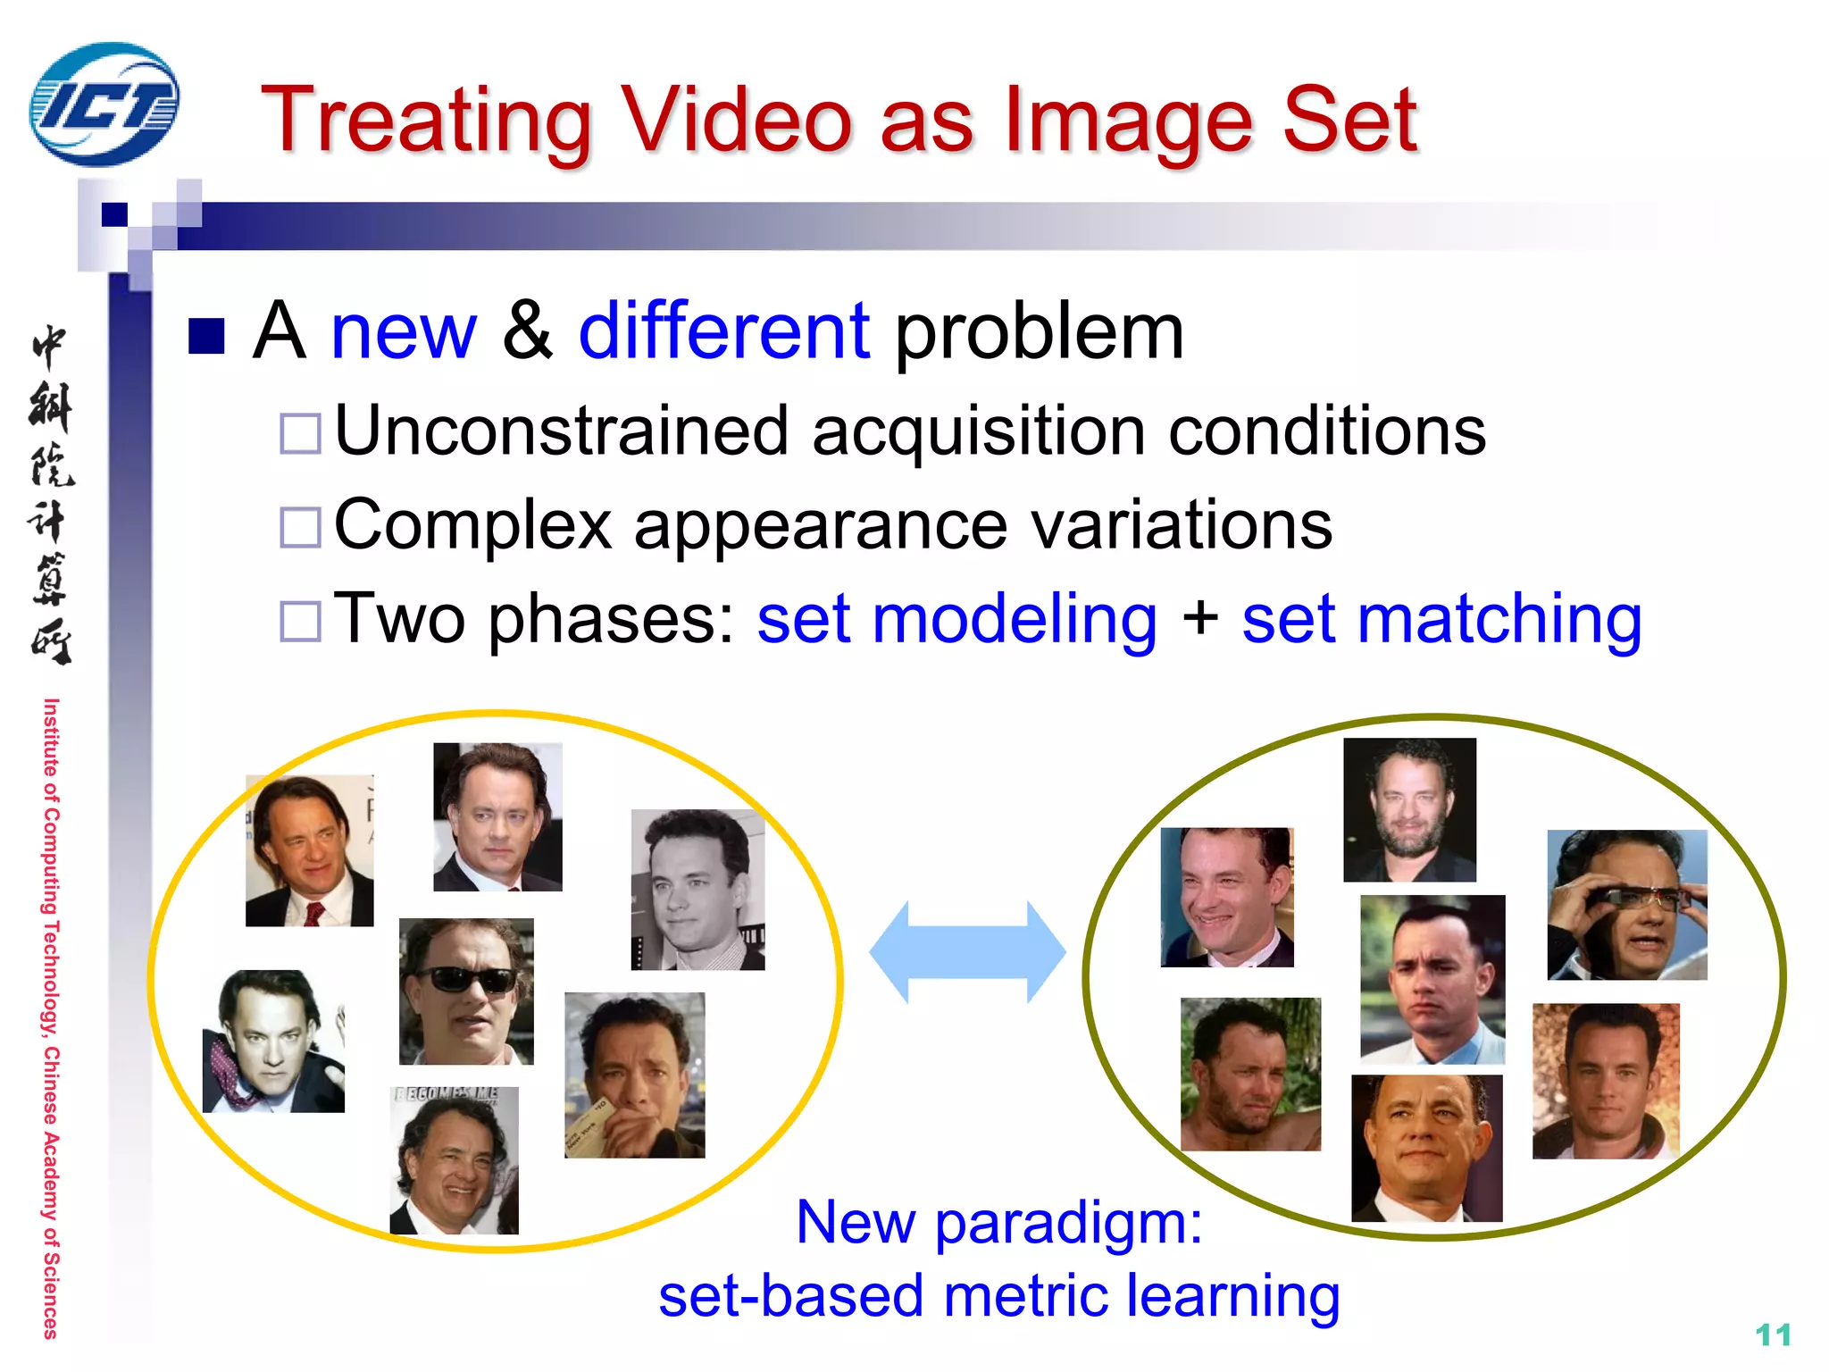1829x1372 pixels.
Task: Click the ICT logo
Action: click(x=104, y=105)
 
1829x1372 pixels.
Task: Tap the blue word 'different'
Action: click(x=723, y=331)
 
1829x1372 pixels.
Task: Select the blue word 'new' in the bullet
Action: click(x=404, y=331)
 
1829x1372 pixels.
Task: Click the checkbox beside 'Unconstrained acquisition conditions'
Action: click(x=300, y=433)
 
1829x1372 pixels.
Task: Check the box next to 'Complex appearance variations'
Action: click(x=300, y=527)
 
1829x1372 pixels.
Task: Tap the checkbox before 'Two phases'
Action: click(x=300, y=621)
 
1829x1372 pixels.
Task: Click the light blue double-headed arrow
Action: click(x=967, y=952)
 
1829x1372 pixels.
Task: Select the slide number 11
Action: click(x=1773, y=1335)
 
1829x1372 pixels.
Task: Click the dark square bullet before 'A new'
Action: click(x=206, y=336)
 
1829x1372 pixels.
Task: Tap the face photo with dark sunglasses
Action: click(x=466, y=991)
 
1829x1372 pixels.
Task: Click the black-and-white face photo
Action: click(x=697, y=890)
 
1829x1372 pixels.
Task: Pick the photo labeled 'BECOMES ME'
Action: click(x=454, y=1160)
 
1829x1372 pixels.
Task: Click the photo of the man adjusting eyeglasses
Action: click(x=1626, y=905)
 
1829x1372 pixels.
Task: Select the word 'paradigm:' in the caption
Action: click(x=1069, y=1222)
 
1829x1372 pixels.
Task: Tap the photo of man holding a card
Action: click(x=634, y=1075)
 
